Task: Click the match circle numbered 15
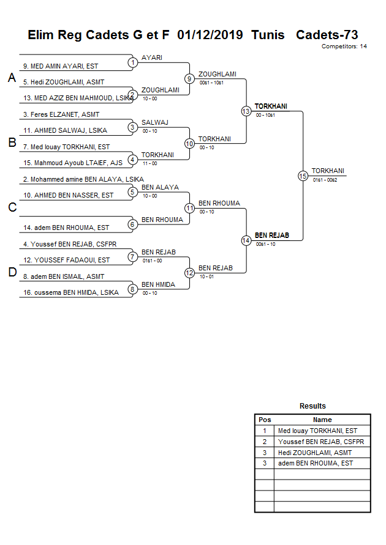pos(303,176)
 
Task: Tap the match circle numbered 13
pos(246,111)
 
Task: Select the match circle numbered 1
pos(132,62)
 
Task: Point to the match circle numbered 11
pos(190,208)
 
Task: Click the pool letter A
pos(12,78)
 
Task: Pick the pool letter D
pos(12,273)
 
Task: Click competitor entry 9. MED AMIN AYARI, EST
pos(61,66)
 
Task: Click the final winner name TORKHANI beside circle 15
pos(328,171)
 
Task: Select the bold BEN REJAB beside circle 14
pos(272,235)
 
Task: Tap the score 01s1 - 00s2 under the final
pos(325,180)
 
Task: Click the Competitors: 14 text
pos(344,46)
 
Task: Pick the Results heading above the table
pos(312,406)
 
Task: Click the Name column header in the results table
pos(322,420)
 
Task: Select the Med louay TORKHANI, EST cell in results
pos(317,431)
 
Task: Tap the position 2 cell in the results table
pos(265,442)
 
